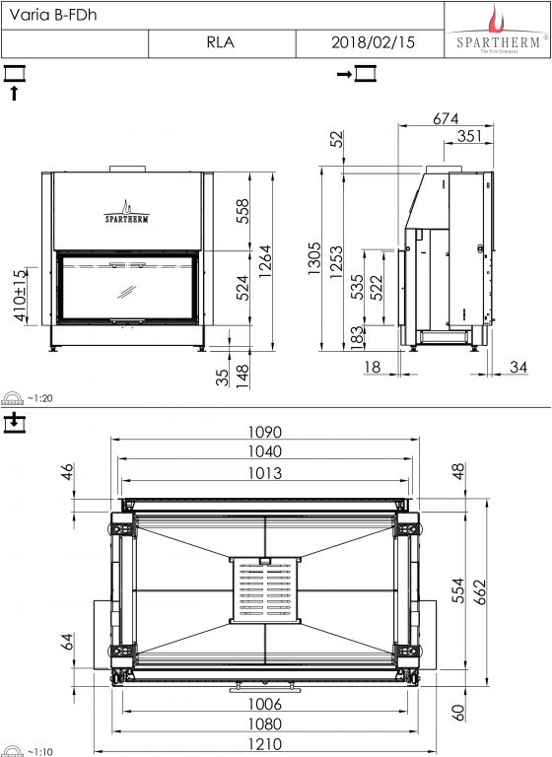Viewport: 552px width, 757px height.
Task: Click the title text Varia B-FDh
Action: coord(53,15)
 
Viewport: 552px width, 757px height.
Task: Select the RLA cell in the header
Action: coord(222,43)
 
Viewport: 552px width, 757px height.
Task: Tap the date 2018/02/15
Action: coord(373,42)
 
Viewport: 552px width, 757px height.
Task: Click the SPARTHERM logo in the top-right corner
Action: coord(498,30)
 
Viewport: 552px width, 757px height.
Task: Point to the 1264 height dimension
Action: coord(265,261)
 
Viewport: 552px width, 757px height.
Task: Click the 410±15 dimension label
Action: coord(21,296)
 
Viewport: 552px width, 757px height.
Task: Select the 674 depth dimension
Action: coord(446,118)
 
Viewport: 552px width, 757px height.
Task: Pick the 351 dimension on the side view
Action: coord(469,136)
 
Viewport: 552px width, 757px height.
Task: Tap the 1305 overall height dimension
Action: coord(313,258)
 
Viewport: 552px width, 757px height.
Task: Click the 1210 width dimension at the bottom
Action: coord(264,744)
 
